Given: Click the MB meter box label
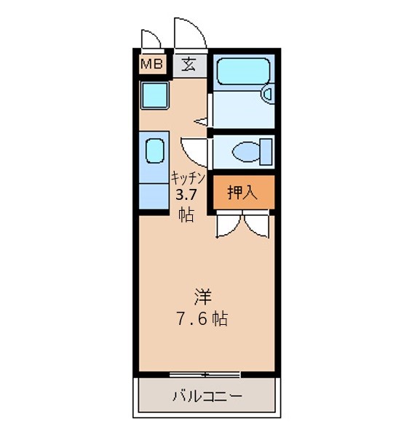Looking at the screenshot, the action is pyautogui.click(x=151, y=64).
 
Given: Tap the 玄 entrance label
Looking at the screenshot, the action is pyautogui.click(x=189, y=65).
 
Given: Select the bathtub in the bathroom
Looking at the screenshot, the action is pyautogui.click(x=243, y=71).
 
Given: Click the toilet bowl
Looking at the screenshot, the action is pyautogui.click(x=246, y=152).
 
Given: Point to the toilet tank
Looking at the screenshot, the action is pyautogui.click(x=266, y=152).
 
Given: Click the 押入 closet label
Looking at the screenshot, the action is pyautogui.click(x=242, y=192).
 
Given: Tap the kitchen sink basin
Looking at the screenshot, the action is pyautogui.click(x=154, y=151).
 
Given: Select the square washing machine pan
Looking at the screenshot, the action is pyautogui.click(x=154, y=95).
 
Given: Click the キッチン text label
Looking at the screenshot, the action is pyautogui.click(x=189, y=178).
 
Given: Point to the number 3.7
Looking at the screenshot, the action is pyautogui.click(x=186, y=196).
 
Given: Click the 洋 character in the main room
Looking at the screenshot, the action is pyautogui.click(x=203, y=297).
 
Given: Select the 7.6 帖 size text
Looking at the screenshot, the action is pyautogui.click(x=202, y=319).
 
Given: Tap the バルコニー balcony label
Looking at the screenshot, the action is pyautogui.click(x=207, y=396).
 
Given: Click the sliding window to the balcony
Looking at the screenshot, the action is pyautogui.click(x=205, y=374).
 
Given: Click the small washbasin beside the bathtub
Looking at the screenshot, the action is pyautogui.click(x=268, y=94).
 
